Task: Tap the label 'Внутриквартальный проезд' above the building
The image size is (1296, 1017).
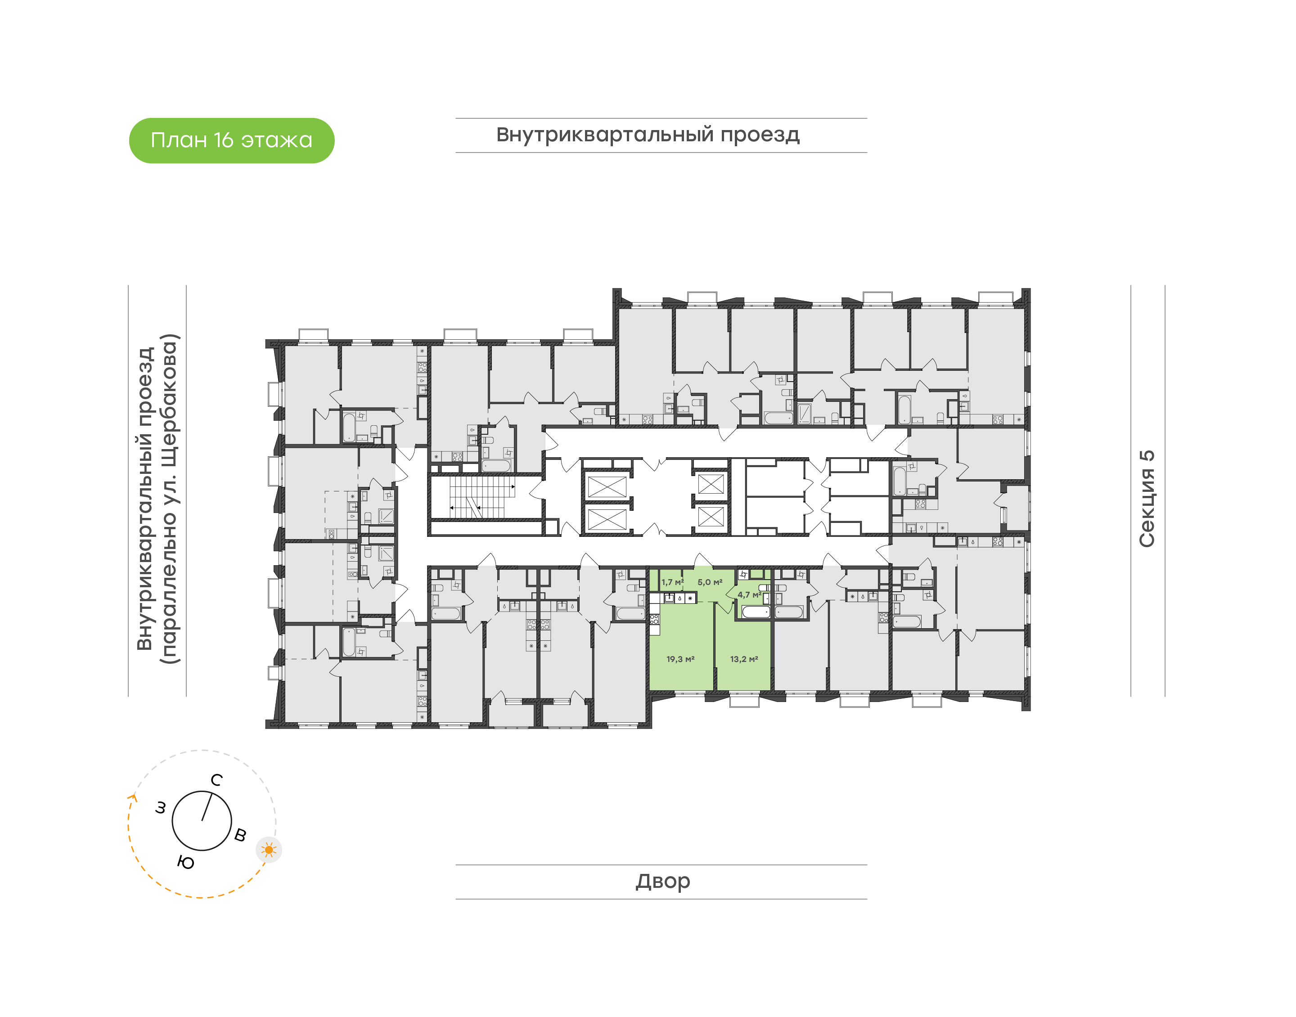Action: tap(648, 135)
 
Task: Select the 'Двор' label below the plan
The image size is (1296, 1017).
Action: tap(662, 881)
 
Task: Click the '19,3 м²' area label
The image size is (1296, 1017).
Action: tap(680, 659)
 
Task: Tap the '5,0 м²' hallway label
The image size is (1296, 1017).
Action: tap(710, 582)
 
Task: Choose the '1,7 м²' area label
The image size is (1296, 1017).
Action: tap(672, 582)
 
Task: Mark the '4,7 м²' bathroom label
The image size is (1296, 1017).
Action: tap(749, 594)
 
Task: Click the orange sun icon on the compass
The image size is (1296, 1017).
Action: tap(269, 850)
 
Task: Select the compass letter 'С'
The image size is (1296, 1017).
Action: tap(217, 780)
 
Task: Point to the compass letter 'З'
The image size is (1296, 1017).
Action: tap(161, 808)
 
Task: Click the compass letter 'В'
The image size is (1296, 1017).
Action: tap(240, 835)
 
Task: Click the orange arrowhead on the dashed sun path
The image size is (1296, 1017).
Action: tap(133, 798)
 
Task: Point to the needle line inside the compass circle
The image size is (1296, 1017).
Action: tap(207, 807)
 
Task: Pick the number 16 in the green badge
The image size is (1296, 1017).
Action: tap(223, 140)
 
